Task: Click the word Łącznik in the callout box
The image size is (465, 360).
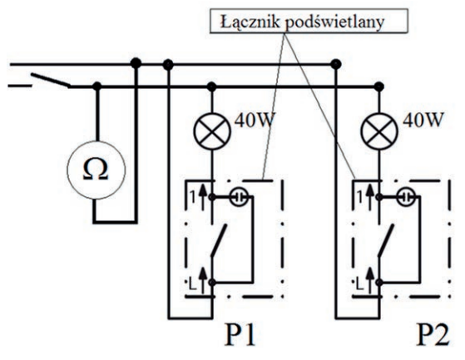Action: (250, 22)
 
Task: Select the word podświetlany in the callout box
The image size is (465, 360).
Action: (335, 22)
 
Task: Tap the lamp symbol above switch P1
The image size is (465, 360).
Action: (212, 131)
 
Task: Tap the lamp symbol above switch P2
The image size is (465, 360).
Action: (379, 131)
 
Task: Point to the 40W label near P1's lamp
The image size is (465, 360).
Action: (255, 120)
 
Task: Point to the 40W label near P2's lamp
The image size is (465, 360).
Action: (423, 120)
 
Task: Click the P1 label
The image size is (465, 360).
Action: (240, 335)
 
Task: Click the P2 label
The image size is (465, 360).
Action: (433, 335)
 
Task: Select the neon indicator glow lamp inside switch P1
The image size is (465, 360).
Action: (239, 197)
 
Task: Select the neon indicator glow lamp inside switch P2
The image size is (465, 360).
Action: (406, 197)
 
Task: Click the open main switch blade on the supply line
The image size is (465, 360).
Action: (51, 80)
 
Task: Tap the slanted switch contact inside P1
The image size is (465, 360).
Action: (219, 240)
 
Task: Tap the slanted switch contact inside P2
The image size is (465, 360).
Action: (386, 240)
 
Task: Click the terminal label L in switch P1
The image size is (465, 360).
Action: (193, 285)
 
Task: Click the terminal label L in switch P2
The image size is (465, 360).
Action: (359, 285)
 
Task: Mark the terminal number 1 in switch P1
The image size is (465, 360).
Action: (193, 197)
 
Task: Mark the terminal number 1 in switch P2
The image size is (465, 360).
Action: (360, 197)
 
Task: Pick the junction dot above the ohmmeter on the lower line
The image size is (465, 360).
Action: (96, 86)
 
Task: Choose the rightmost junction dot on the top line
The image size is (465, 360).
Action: (336, 64)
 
